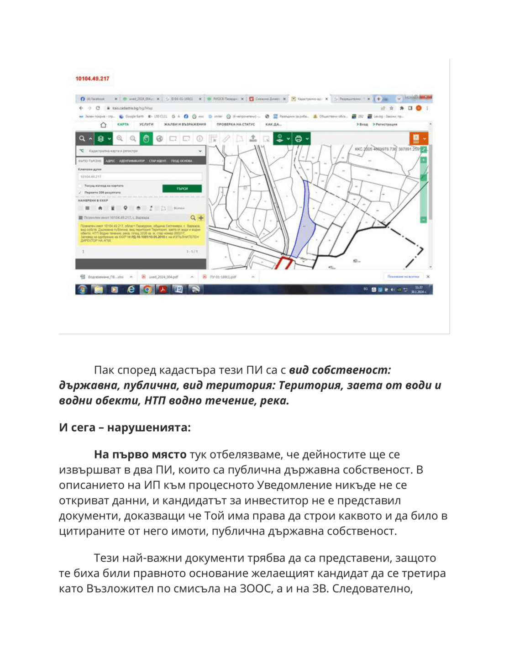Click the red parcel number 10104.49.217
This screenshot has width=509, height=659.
tap(92, 79)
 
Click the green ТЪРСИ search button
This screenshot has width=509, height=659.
tap(182, 189)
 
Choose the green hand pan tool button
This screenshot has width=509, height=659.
tap(146, 138)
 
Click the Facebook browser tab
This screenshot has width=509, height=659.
tap(96, 99)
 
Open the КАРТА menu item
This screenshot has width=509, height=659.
tap(123, 124)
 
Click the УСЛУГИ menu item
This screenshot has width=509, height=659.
tap(147, 124)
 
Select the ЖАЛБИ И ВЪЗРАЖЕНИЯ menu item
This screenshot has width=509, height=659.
tap(185, 124)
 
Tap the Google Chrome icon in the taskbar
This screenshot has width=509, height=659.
tap(147, 290)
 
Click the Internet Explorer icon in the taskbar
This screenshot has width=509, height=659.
tap(131, 290)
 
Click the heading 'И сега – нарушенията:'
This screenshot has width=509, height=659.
tap(125, 427)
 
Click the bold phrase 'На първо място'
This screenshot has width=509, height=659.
tap(140, 454)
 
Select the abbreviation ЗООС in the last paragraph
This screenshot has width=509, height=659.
tap(256, 588)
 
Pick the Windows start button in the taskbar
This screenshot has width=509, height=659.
tap(82, 290)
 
